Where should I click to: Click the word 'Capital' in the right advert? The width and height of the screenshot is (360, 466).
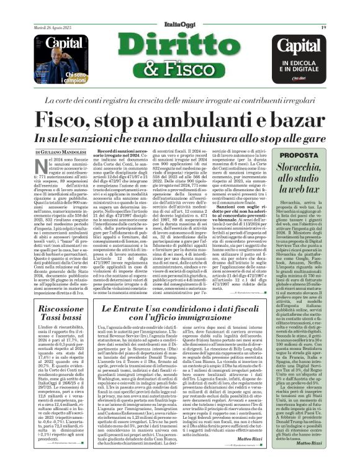coord(300,45)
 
